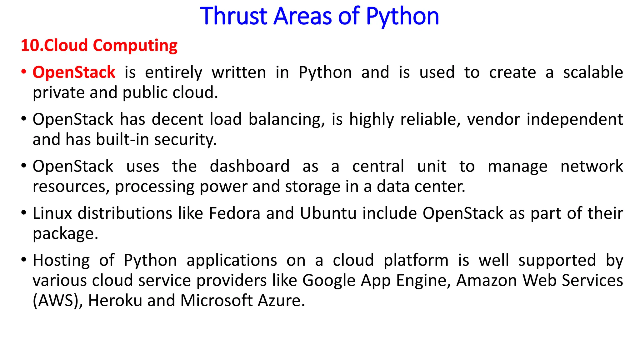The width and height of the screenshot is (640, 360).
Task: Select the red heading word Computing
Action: [x=135, y=46]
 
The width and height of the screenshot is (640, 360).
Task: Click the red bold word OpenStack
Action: [x=74, y=72]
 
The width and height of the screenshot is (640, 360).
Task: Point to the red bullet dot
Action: [x=24, y=72]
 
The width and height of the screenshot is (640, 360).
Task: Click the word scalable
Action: [x=593, y=72]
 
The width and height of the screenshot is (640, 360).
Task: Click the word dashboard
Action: [x=250, y=166]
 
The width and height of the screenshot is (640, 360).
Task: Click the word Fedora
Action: [x=234, y=213]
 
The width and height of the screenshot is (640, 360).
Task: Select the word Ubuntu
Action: [x=328, y=213]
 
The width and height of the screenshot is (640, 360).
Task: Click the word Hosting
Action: [x=61, y=260]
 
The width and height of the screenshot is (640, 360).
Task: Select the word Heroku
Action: [x=115, y=301]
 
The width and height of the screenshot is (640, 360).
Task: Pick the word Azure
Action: [x=281, y=301]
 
